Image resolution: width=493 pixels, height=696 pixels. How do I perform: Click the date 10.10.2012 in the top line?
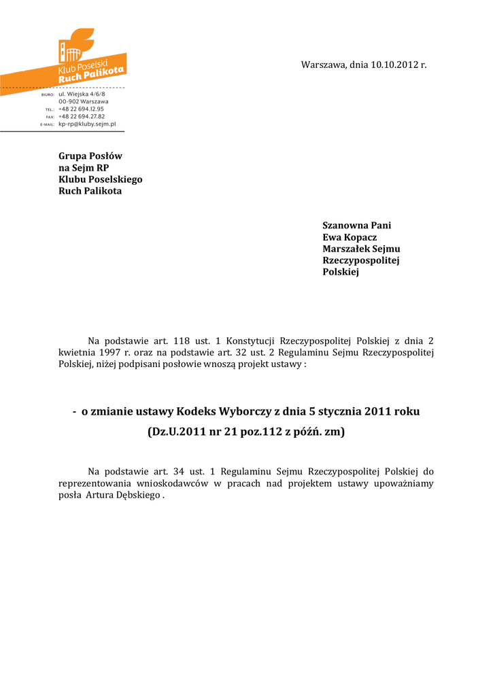pyautogui.click(x=394, y=65)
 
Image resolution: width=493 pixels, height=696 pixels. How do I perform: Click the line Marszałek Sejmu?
pyautogui.click(x=361, y=249)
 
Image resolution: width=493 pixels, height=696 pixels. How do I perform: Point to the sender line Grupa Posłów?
pyautogui.click(x=90, y=156)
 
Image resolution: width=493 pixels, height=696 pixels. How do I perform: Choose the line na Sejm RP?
pyautogui.click(x=84, y=168)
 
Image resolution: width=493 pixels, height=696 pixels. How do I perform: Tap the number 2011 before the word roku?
pyautogui.click(x=379, y=411)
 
